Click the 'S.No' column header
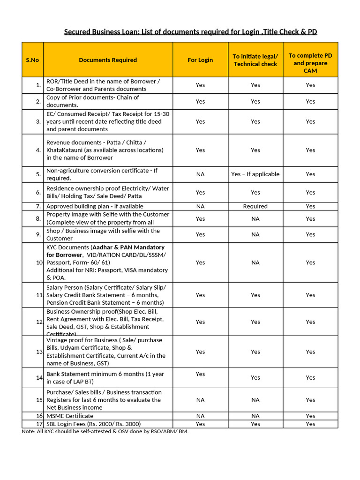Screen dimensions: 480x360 click(32, 60)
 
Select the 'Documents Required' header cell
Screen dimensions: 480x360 click(108, 60)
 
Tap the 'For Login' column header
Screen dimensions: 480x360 click(200, 60)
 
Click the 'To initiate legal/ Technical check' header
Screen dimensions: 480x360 click(255, 60)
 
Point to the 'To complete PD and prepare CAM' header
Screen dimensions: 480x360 click(310, 63)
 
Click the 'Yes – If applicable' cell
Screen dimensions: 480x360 click(255, 174)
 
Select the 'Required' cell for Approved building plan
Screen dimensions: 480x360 click(255, 206)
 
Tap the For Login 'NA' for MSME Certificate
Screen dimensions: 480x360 click(200, 416)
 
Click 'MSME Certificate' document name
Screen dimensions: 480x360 click(70, 416)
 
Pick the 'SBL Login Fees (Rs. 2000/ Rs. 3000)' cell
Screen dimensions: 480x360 click(93, 424)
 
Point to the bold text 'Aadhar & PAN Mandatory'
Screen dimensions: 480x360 click(128, 247)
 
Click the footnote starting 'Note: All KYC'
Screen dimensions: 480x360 click(105, 431)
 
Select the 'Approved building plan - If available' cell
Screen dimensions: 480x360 click(95, 206)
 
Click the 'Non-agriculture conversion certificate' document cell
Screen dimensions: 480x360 click(102, 174)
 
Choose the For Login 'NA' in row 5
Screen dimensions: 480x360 click(200, 174)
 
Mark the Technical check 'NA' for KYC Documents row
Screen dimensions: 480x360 click(255, 262)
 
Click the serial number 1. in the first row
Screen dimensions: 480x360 click(38, 85)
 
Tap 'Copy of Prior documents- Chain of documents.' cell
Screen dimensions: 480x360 click(93, 101)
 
